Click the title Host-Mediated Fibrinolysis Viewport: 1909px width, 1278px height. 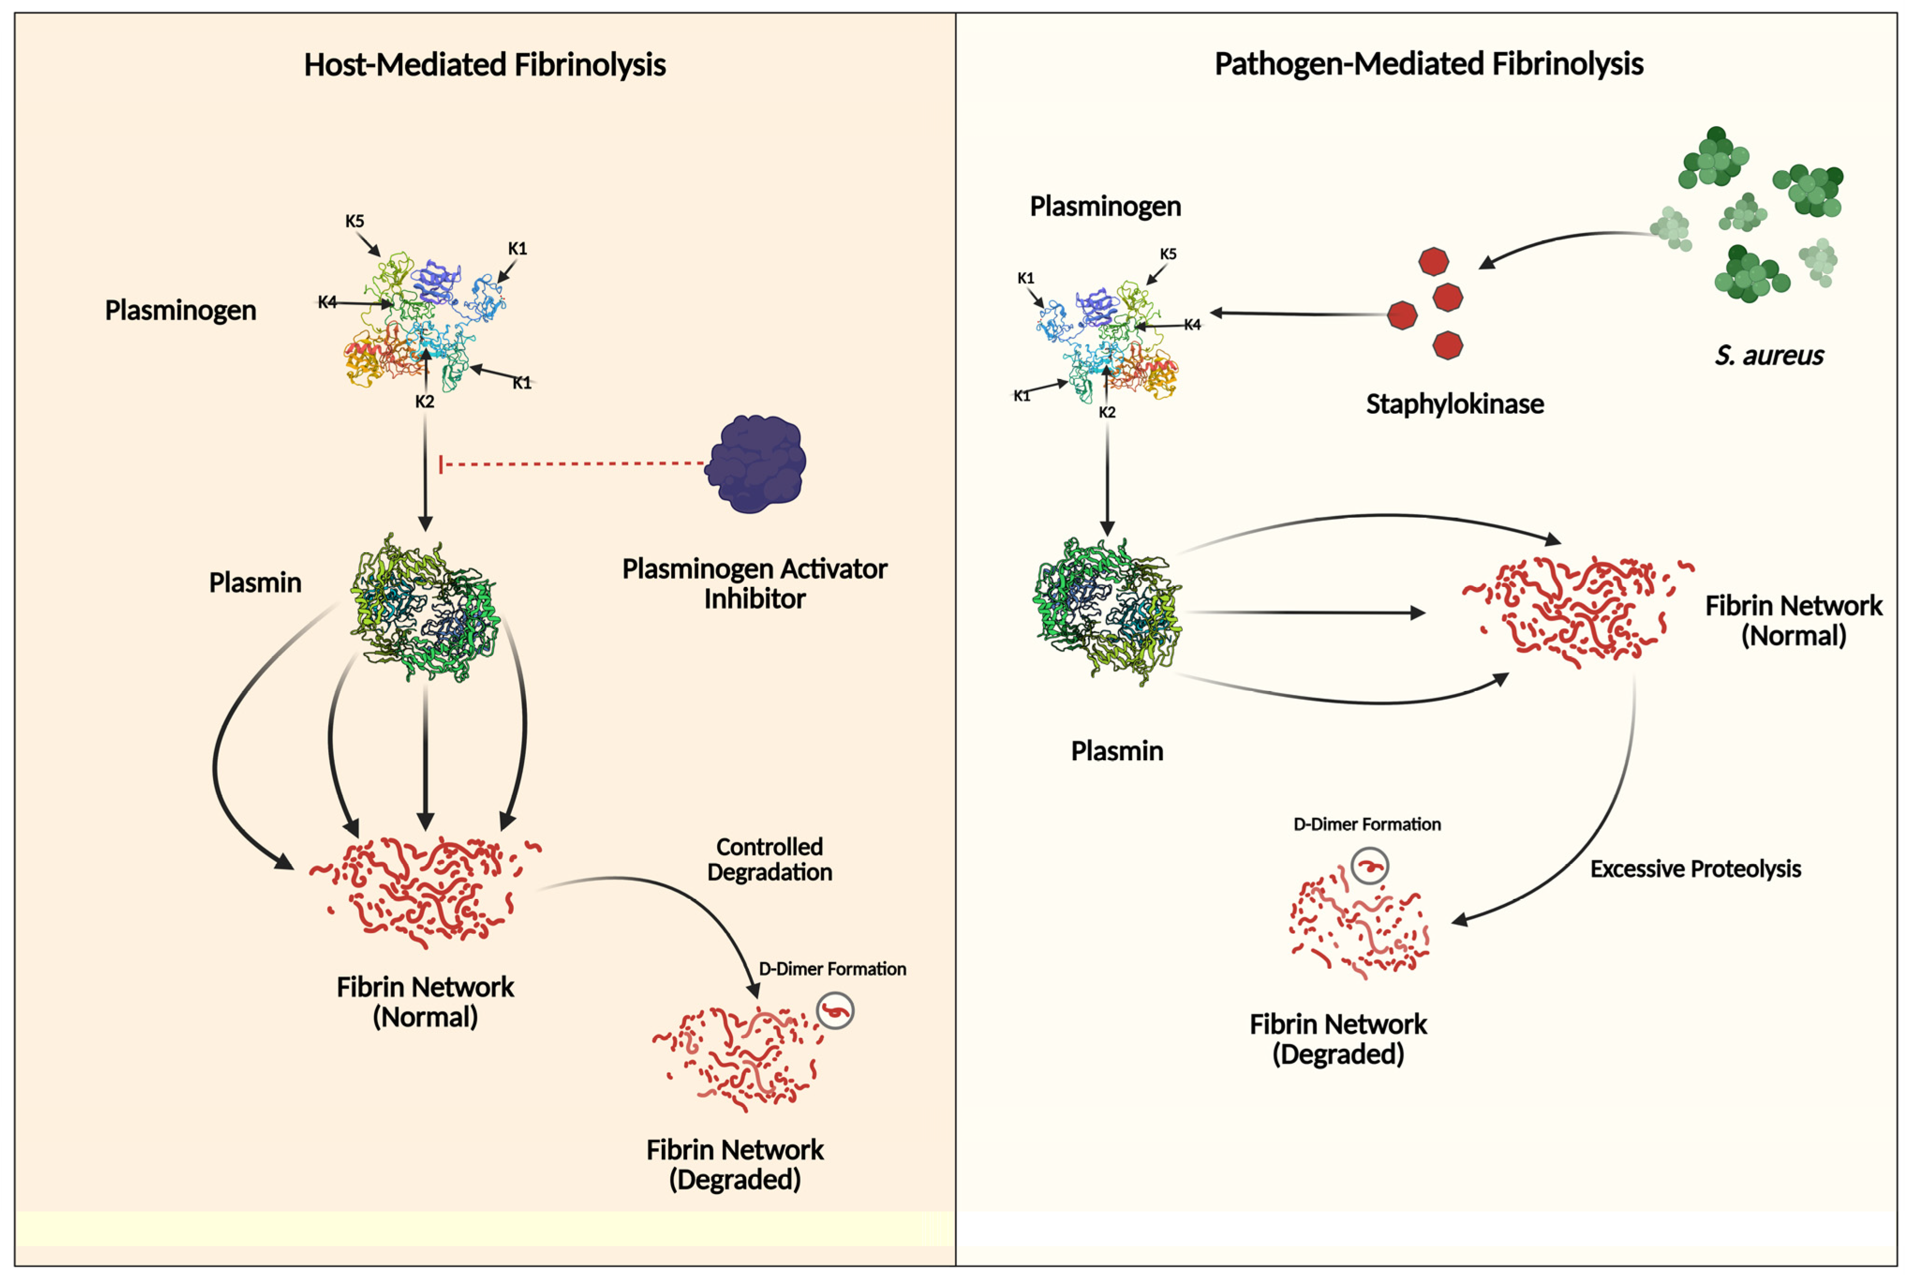point(485,64)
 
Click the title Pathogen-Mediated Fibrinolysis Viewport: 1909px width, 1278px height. point(1428,64)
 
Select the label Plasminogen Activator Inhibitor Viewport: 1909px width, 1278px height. point(755,584)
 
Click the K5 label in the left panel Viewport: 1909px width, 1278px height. point(355,221)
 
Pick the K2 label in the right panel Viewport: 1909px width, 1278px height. point(1106,412)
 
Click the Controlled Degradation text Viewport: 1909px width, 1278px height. point(769,859)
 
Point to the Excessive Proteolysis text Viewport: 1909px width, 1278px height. point(1695,869)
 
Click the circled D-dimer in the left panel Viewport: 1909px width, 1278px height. point(835,1011)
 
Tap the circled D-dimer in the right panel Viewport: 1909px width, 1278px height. point(1369,866)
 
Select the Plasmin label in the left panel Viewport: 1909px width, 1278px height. point(255,583)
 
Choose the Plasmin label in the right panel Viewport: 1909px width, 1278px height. point(1117,750)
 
